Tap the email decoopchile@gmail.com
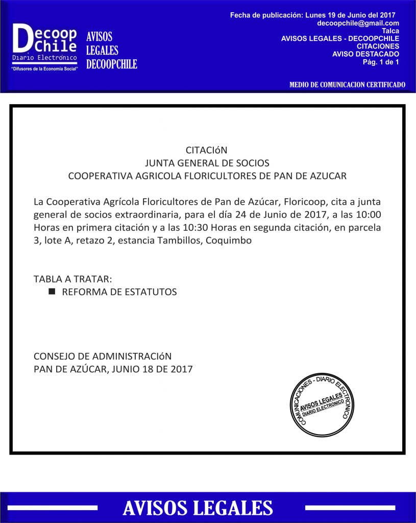pyautogui.click(x=358, y=23)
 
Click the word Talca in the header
pyautogui.click(x=390, y=31)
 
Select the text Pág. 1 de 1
pyautogui.click(x=381, y=62)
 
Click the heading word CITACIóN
pyautogui.click(x=206, y=151)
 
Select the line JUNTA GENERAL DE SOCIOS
pyautogui.click(x=207, y=163)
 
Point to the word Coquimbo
pyautogui.click(x=229, y=240)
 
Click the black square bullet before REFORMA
pyautogui.click(x=52, y=292)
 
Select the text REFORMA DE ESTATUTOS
pyautogui.click(x=119, y=292)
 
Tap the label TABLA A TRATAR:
pyautogui.click(x=72, y=279)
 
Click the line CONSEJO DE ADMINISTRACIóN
pyautogui.click(x=103, y=356)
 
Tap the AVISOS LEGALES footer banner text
pyautogui.click(x=198, y=508)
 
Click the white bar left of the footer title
pyautogui.click(x=53, y=508)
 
